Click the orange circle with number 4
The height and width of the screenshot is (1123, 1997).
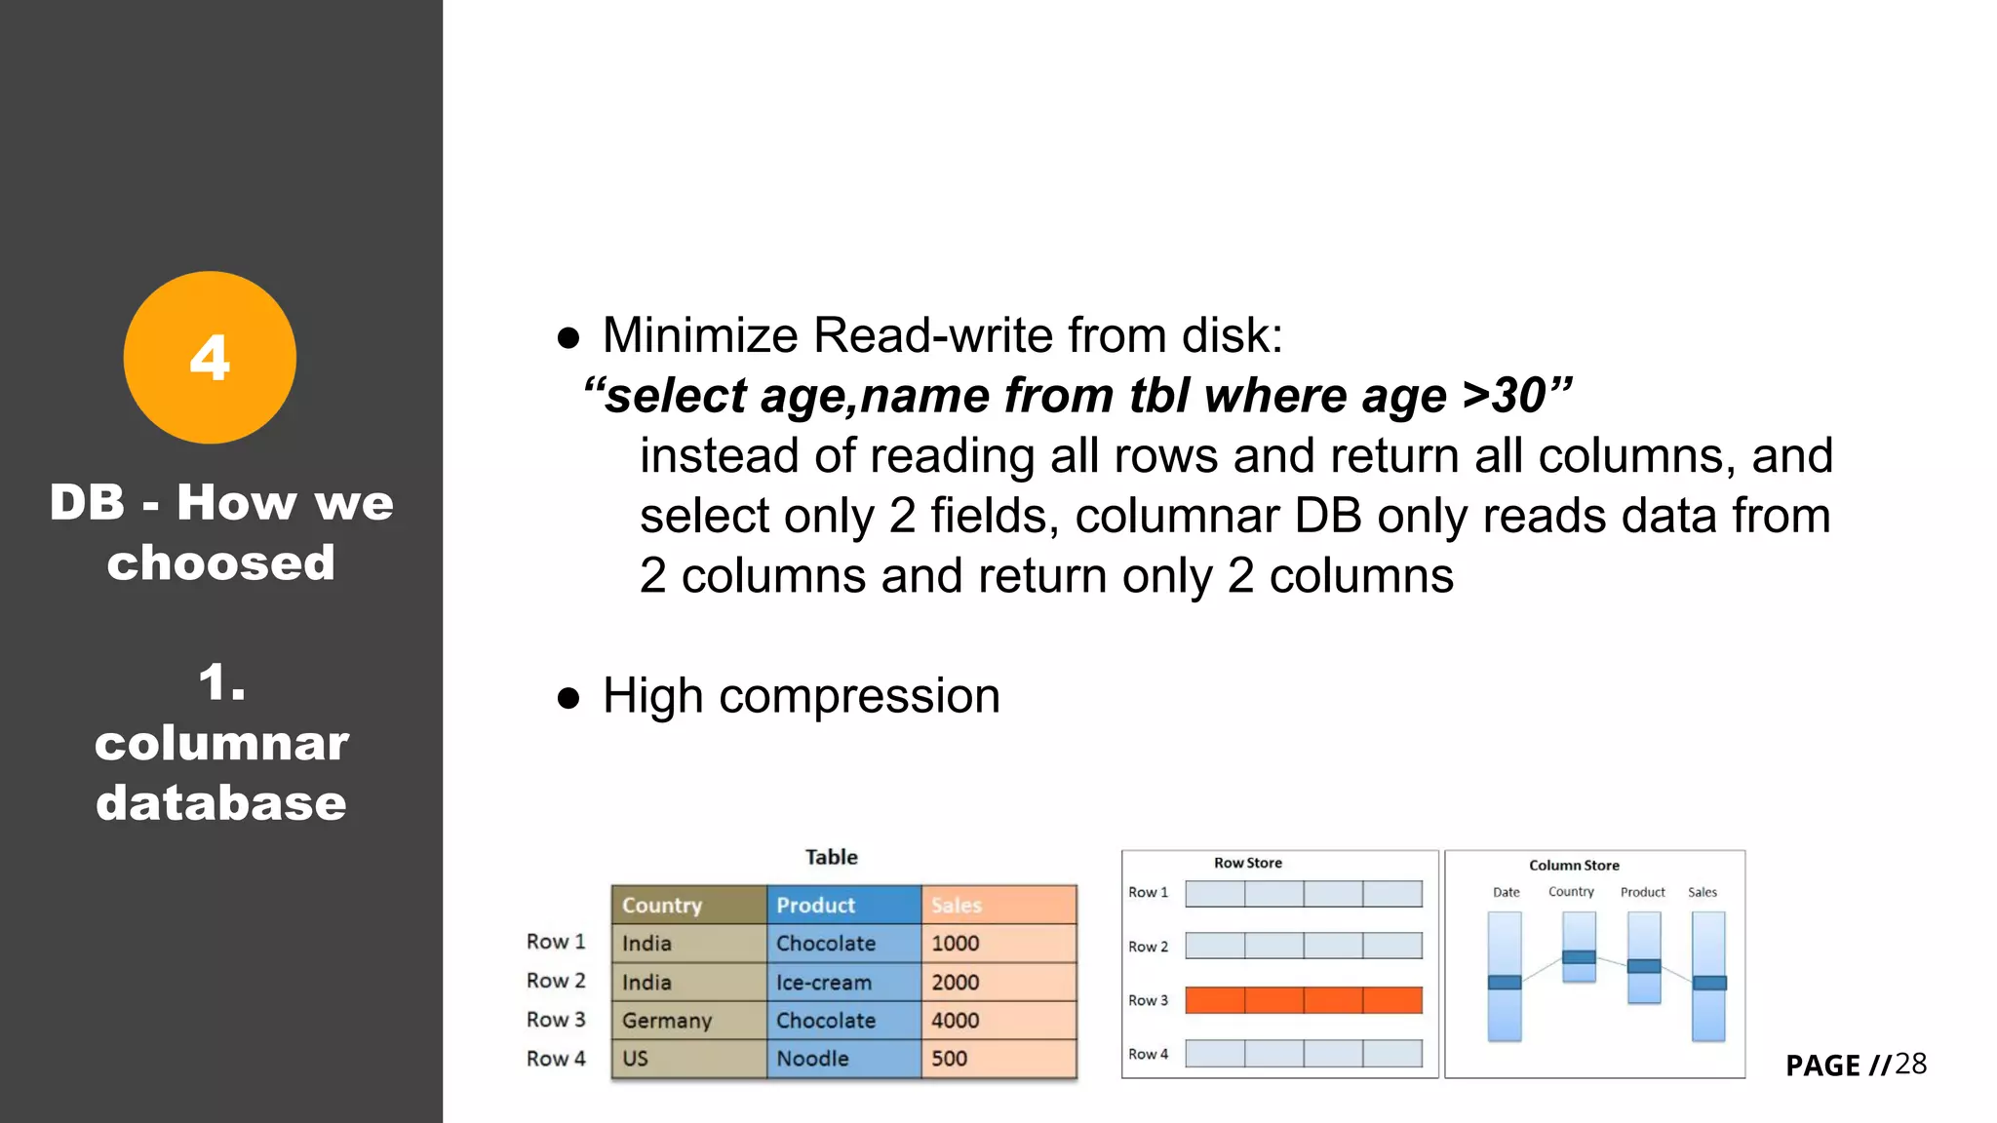[x=210, y=358]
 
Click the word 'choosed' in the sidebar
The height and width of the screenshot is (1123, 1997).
[x=221, y=562]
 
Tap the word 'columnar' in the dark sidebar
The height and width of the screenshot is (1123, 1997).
[x=221, y=743]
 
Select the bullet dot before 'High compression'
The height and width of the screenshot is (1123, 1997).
[x=568, y=698]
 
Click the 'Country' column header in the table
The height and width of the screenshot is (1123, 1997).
[x=662, y=905]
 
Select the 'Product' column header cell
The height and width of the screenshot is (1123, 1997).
[x=815, y=905]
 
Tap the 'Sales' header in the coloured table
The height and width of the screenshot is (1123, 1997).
[x=957, y=905]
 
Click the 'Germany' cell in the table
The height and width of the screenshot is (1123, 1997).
[x=667, y=1021]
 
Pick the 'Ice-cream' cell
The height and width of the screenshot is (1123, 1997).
[x=824, y=983]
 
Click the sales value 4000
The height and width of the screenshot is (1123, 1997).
[x=955, y=1021]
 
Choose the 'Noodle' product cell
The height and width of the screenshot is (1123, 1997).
[x=812, y=1059]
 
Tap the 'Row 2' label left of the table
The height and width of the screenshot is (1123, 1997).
[x=556, y=981]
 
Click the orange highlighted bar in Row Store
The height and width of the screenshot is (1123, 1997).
[x=1304, y=1000]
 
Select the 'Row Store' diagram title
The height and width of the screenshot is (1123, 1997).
[x=1247, y=863]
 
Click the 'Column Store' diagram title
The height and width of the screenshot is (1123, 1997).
[x=1574, y=865]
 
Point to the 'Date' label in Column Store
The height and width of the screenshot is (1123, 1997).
[x=1506, y=892]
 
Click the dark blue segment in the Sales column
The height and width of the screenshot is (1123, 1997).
[x=1708, y=983]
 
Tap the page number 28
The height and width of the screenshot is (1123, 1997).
[x=1910, y=1064]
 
